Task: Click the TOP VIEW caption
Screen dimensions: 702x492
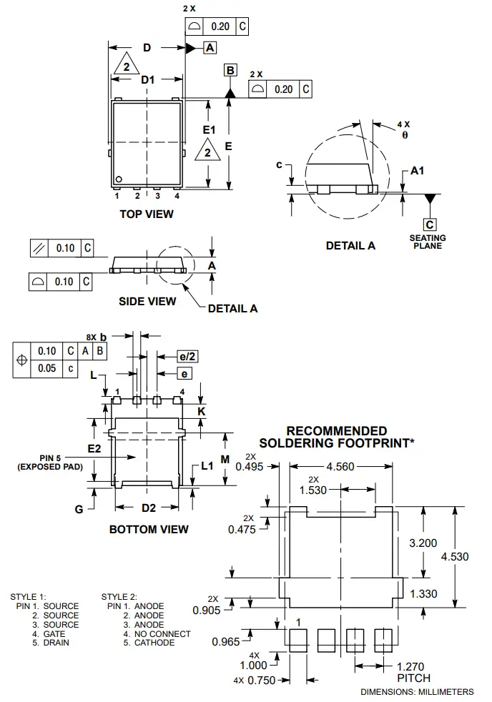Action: coord(146,214)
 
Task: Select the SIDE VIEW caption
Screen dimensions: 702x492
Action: coord(147,301)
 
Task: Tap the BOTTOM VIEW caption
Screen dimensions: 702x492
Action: coord(149,529)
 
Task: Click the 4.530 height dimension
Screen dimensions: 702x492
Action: coord(455,557)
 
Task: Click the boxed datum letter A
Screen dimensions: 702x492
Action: coord(210,48)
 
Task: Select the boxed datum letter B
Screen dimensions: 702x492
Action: coord(230,70)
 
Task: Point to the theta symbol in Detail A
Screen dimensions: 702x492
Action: coord(404,134)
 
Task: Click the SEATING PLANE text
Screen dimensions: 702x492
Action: coord(428,242)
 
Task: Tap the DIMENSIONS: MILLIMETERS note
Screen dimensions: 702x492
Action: coord(417,692)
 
